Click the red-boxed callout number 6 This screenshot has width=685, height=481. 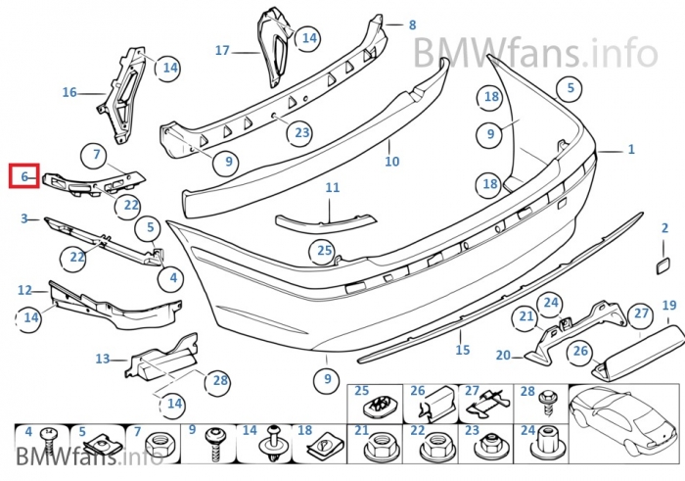click(x=23, y=177)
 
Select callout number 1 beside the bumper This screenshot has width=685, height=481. click(x=631, y=150)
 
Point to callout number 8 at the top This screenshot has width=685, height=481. click(x=412, y=24)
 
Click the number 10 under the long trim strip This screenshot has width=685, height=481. click(x=391, y=162)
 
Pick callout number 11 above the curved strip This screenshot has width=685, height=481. click(x=333, y=187)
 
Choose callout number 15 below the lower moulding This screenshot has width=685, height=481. click(x=463, y=350)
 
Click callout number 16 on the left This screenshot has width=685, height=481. click(x=68, y=93)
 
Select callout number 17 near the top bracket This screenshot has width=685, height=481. click(x=222, y=50)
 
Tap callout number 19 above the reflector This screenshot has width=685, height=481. click(x=669, y=306)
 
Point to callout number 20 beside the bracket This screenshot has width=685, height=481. click(x=503, y=356)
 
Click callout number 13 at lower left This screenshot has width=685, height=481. click(x=103, y=359)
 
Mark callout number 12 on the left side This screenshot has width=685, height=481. click(x=24, y=290)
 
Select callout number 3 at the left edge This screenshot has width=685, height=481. click(x=23, y=219)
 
